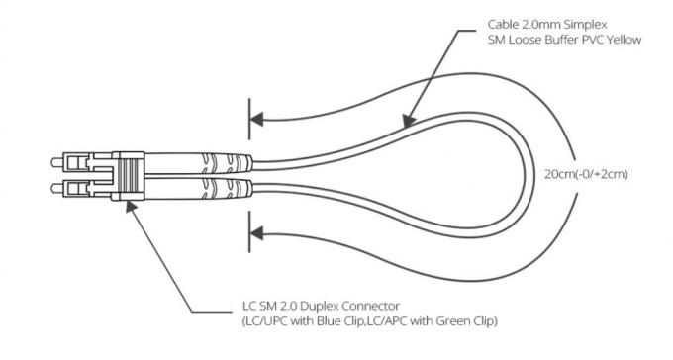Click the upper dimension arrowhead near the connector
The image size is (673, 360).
point(256,120)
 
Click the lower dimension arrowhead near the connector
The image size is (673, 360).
point(256,234)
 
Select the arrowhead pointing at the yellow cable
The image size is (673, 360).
point(406,123)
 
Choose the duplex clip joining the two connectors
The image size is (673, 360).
point(129,174)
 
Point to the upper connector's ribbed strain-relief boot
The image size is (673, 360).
point(212,160)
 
